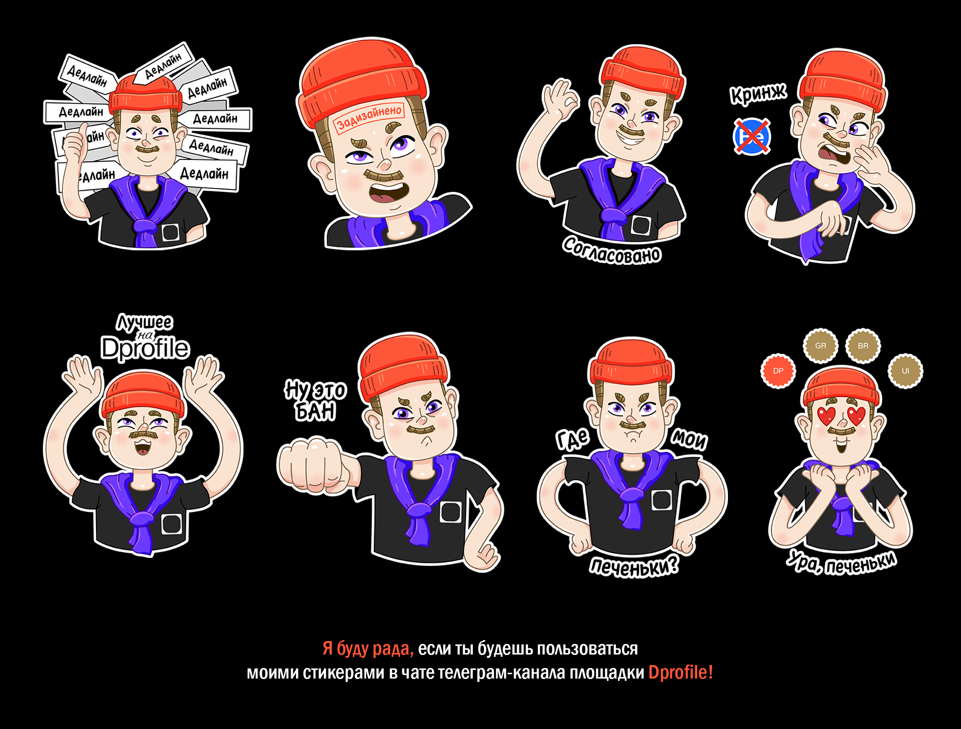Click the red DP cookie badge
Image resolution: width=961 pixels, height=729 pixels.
(778, 371)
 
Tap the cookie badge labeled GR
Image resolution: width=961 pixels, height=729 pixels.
(821, 346)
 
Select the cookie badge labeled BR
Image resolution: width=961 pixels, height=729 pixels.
(863, 346)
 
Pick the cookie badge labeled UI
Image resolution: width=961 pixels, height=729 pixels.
(905, 371)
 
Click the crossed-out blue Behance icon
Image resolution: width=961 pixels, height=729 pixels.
(752, 136)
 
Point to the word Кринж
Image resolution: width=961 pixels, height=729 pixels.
(758, 93)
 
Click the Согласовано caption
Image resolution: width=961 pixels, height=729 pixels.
(612, 250)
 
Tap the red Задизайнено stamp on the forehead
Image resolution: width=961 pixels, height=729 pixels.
(369, 117)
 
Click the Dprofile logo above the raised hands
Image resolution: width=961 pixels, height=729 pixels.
(145, 348)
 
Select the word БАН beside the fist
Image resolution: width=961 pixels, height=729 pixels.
(315, 412)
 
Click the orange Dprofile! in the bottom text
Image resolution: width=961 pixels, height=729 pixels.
(680, 672)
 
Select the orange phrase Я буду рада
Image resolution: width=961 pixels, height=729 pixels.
(368, 648)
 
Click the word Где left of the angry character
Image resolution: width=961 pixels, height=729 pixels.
(573, 439)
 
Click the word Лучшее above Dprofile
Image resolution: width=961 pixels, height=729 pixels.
(145, 322)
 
